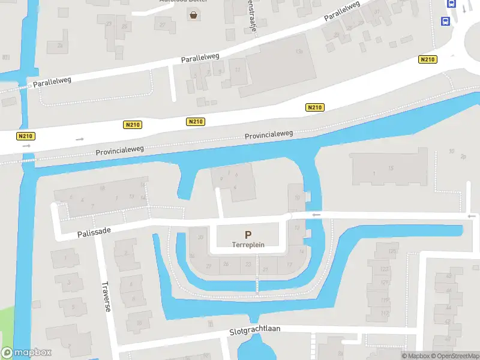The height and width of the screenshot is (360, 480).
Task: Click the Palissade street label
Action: [95, 231]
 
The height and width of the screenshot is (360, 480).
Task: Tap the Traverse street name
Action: [106, 296]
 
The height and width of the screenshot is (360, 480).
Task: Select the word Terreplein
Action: [248, 245]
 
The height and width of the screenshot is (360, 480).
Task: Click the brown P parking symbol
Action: [248, 235]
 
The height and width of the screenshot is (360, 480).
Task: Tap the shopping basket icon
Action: [194, 15]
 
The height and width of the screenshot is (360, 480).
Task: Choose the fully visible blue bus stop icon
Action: [445, 22]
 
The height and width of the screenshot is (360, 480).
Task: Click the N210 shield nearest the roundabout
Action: [428, 59]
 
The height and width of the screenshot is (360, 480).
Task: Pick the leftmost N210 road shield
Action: [25, 136]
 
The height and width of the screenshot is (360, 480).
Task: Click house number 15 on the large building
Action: [391, 169]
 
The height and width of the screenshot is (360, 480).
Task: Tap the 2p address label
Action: [463, 157]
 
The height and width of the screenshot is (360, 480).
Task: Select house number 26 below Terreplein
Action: [226, 264]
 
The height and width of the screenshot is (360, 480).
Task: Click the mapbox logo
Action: [26, 353]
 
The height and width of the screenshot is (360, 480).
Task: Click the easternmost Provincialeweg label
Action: [268, 136]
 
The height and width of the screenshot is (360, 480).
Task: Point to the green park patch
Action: [6, 324]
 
